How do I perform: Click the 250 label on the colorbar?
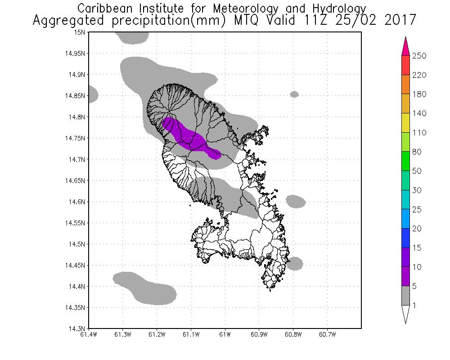click(x=419, y=56)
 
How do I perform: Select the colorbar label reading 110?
click(x=419, y=133)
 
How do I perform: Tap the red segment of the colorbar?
click(x=405, y=65)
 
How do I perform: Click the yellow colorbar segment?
click(x=405, y=123)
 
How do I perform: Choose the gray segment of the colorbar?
click(x=405, y=296)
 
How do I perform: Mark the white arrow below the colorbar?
click(x=405, y=314)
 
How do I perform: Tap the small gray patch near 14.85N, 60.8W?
click(x=294, y=94)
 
